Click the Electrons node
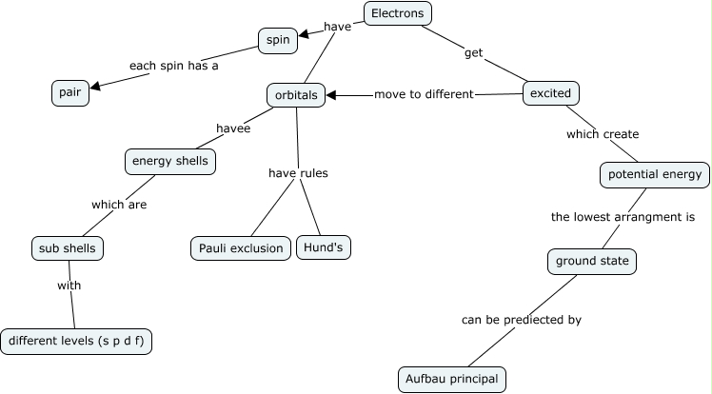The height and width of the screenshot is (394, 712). (x=398, y=13)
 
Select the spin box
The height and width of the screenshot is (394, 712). (x=278, y=40)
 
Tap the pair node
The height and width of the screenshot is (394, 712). (x=69, y=92)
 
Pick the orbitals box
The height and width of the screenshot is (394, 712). (x=295, y=94)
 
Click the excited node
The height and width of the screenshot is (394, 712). (x=551, y=93)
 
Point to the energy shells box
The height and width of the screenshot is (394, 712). (x=170, y=162)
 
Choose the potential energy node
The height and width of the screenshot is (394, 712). (x=654, y=174)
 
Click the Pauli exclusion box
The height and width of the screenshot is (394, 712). (x=241, y=248)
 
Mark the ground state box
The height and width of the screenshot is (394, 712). (x=590, y=260)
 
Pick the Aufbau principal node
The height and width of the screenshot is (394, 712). (x=451, y=379)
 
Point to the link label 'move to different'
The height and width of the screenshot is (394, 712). (x=424, y=94)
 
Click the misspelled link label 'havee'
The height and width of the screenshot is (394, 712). (x=233, y=128)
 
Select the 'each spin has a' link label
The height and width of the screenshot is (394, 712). (x=168, y=67)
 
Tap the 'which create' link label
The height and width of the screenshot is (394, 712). (x=603, y=134)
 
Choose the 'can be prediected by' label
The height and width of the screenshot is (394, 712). (x=521, y=320)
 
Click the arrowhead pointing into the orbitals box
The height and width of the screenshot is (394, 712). (x=332, y=94)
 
